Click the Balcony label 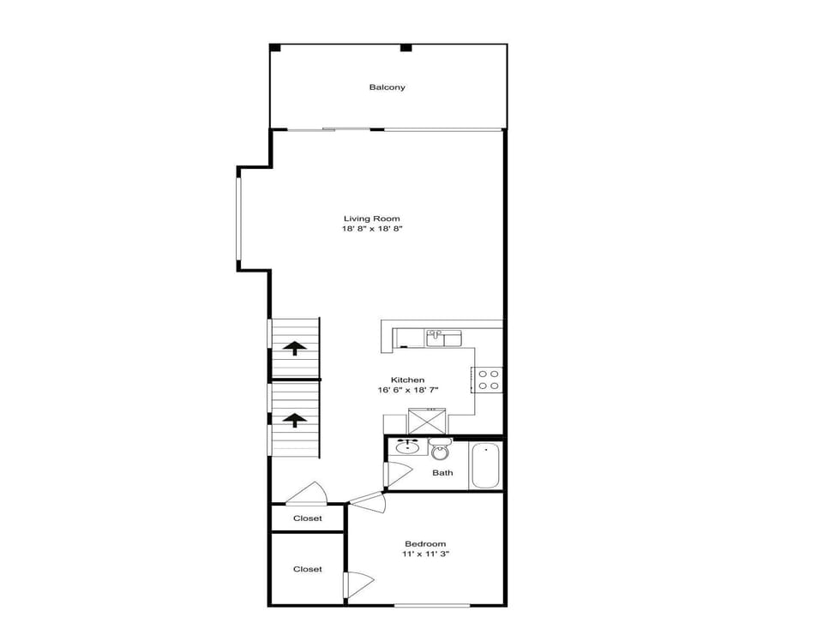387,87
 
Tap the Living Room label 371,219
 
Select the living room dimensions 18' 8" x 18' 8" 371,229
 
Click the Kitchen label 408,380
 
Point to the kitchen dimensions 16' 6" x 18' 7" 408,390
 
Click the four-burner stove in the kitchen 488,380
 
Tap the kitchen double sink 443,338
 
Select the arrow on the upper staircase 295,348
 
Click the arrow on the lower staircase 295,420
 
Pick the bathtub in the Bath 485,465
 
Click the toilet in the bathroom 440,449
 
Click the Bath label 442,473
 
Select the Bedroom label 425,544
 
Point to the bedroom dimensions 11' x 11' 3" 426,554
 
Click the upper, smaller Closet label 308,518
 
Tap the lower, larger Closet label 308,569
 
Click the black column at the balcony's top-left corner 275,48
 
